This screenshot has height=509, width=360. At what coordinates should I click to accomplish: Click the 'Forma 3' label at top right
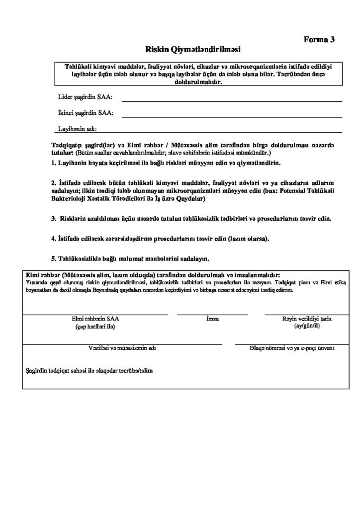(319, 40)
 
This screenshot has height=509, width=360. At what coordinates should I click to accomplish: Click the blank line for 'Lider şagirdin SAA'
(232, 100)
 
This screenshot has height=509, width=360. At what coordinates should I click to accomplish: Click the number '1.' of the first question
(54, 163)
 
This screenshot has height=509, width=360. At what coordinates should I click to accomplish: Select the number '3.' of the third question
(54, 218)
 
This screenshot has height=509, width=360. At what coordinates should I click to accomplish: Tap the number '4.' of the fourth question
(54, 239)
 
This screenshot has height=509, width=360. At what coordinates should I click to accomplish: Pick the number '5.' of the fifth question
(54, 258)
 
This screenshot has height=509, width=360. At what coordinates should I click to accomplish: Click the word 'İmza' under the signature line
(212, 319)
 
